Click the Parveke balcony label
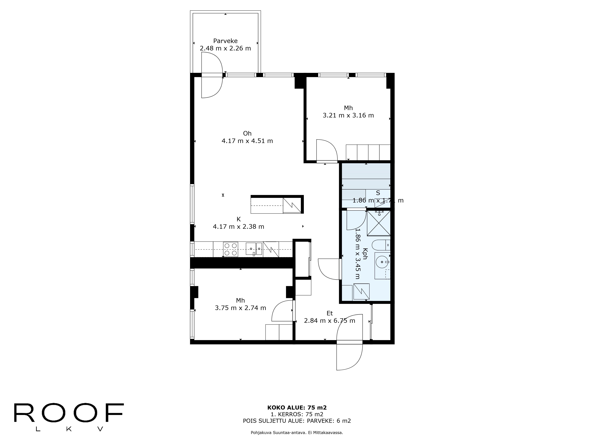coord(225,41)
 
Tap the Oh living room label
coord(247,133)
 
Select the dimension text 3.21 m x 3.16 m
coord(348,115)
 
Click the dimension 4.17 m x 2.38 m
coord(238,227)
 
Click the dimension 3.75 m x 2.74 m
coord(240,308)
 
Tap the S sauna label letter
coord(378,193)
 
